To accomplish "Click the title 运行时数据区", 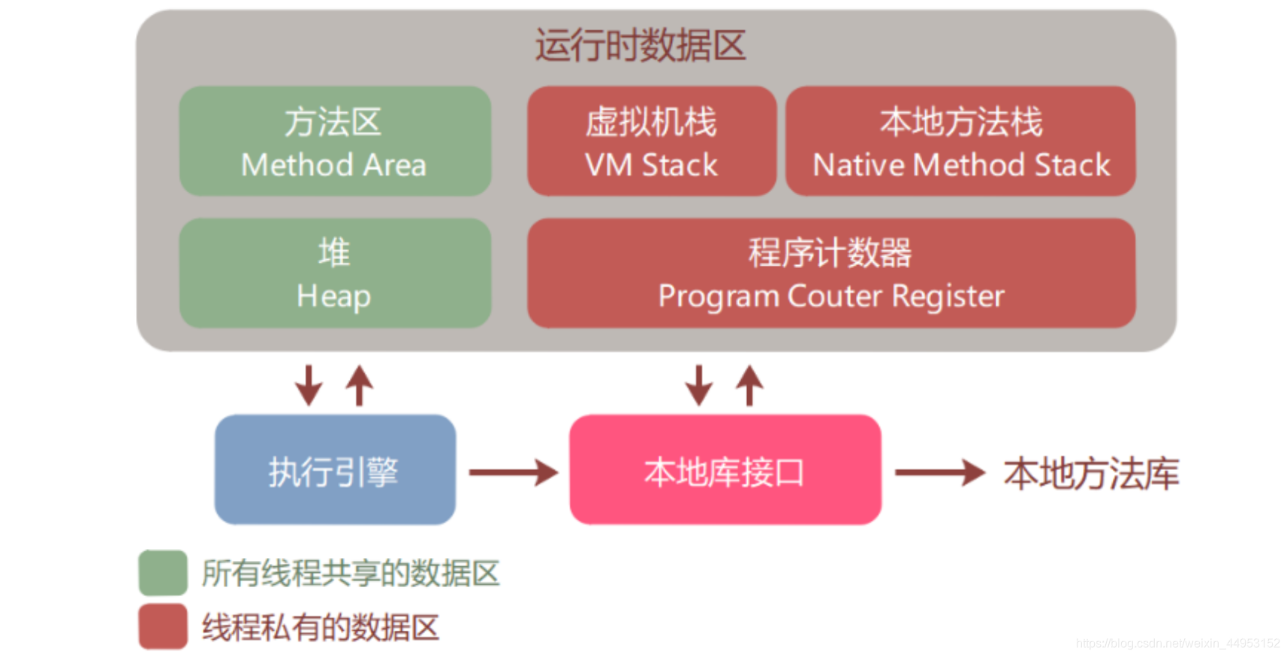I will (640, 45).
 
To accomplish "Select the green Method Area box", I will (335, 141).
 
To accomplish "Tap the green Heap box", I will (335, 273).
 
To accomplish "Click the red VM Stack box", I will (651, 141).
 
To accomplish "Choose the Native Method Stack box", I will (960, 141).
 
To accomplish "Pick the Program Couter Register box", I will (831, 273).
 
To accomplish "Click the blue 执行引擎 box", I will (335, 470).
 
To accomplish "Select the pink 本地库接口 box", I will (725, 470).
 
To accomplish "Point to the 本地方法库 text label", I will (1091, 474).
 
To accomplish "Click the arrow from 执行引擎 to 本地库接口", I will (514, 472).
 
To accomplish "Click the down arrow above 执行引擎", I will (308, 385).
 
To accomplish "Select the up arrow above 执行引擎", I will (359, 385).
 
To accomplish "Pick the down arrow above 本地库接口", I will (698, 385).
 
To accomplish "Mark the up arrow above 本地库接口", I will (749, 385).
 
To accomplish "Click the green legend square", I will (163, 572).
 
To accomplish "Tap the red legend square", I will (163, 626).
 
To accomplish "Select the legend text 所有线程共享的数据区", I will (350, 574).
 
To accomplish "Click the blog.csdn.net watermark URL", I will (1177, 643).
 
